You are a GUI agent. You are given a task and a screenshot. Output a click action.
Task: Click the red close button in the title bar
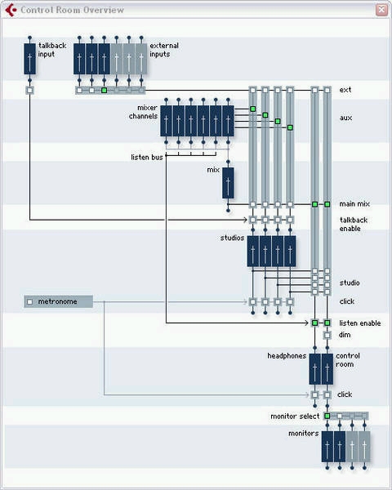pos(381,10)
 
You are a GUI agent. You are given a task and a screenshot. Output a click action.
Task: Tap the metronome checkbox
pos(29,302)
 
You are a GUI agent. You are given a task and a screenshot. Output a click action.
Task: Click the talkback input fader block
pos(29,59)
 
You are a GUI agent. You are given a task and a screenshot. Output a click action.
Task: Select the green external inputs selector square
pos(104,91)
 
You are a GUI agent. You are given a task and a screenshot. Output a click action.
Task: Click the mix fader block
pos(228,183)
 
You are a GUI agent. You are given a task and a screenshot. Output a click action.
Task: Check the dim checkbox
pos(327,336)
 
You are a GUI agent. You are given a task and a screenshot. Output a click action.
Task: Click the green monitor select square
pos(327,416)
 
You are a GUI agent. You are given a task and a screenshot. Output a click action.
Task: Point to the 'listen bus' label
pos(147,157)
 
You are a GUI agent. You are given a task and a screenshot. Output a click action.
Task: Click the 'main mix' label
pos(354,204)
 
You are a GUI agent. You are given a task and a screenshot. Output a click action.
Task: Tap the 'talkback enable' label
pos(354,224)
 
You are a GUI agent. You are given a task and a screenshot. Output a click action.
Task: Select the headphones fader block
pos(314,369)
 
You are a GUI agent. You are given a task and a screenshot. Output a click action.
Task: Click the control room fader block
pos(327,369)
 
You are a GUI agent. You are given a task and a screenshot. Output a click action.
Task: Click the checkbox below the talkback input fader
pos(29,91)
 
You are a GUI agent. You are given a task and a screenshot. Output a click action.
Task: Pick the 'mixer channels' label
pos(143,112)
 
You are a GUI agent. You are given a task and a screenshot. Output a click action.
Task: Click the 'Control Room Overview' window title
pos(72,10)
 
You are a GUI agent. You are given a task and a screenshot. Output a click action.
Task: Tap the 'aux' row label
pos(345,118)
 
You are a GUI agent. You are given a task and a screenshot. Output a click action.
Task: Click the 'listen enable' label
pos(360,323)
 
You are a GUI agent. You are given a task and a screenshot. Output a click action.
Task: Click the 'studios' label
pos(232,238)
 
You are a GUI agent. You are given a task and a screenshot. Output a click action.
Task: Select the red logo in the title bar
pos(11,10)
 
